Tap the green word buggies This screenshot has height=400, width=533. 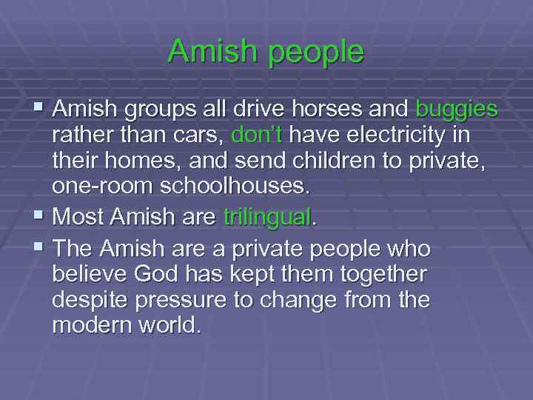pyautogui.click(x=457, y=111)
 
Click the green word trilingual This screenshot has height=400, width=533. pyautogui.click(x=267, y=217)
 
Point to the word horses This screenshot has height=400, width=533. pyautogui.click(x=329, y=110)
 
